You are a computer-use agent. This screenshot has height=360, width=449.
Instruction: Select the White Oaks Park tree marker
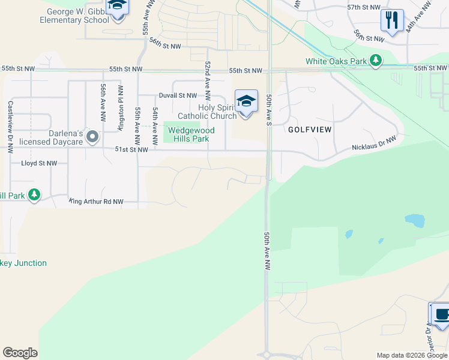[x=376, y=60]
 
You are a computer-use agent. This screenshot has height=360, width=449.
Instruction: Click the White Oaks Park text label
[x=336, y=61]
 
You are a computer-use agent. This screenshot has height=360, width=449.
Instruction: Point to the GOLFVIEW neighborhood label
[x=310, y=130]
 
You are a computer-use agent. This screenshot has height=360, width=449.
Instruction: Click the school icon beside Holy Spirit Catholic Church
[x=246, y=101]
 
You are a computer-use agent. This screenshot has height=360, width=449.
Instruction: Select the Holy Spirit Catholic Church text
[x=207, y=112]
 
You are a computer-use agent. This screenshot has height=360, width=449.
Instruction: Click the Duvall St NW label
[x=178, y=95]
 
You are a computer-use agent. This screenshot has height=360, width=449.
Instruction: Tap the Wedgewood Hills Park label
[x=188, y=134]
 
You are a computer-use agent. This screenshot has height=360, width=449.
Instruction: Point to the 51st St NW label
[x=131, y=150]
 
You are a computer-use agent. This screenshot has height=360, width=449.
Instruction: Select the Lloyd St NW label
[x=39, y=163]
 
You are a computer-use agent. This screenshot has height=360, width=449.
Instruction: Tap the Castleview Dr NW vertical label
[x=10, y=127]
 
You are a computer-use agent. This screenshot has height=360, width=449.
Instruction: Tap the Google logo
[x=20, y=353]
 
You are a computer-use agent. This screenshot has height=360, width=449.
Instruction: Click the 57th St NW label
[x=364, y=7]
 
